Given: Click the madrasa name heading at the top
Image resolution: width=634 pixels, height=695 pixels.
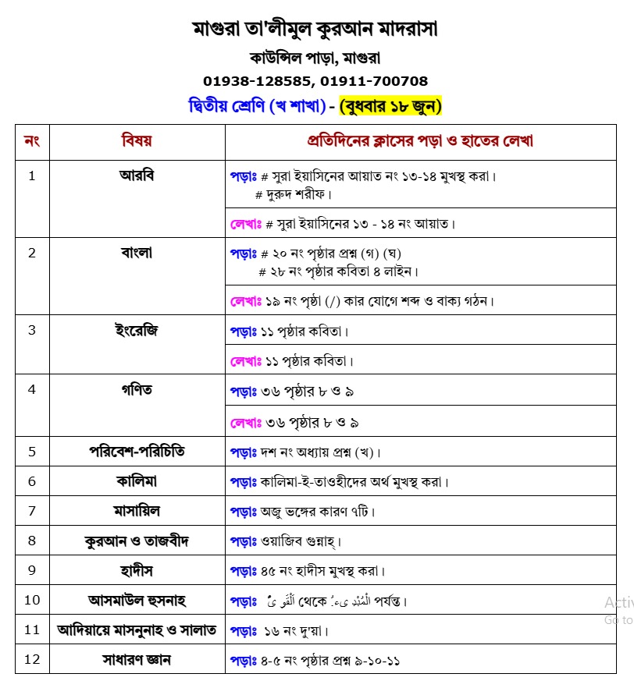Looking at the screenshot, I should [x=315, y=30].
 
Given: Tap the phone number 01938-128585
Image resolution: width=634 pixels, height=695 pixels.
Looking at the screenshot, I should [x=258, y=81].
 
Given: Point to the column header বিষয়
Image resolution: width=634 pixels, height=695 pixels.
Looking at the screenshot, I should [x=137, y=141].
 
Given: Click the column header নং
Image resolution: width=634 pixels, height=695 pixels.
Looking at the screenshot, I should [x=32, y=141].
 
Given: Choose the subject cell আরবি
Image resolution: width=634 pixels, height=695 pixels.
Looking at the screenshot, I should [x=137, y=175].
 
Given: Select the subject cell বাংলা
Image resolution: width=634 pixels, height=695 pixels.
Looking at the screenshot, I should [x=137, y=252].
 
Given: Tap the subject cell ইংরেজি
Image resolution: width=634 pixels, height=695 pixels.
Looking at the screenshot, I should [x=137, y=329].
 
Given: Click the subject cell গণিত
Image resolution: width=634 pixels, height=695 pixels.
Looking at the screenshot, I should [x=137, y=388].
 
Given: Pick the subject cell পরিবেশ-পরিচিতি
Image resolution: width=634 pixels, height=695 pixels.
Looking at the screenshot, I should [x=137, y=452].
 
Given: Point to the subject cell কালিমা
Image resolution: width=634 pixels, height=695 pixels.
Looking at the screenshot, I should [x=137, y=481].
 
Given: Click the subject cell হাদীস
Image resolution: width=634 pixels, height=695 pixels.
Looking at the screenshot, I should [x=137, y=570].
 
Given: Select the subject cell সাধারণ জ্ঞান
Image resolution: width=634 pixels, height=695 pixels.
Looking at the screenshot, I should [x=137, y=659].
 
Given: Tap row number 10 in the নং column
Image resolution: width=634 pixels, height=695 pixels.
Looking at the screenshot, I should [x=32, y=600].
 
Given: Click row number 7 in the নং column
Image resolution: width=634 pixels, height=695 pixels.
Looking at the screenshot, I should [x=32, y=511].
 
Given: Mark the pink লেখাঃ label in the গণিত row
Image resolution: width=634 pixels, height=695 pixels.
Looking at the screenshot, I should [x=244, y=423].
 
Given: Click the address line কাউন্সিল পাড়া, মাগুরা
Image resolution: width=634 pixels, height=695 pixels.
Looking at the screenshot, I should [x=315, y=58].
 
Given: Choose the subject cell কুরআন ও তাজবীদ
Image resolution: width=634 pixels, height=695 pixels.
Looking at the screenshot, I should [x=137, y=541].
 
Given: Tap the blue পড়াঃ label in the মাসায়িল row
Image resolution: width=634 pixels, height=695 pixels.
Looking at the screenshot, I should [x=243, y=512].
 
